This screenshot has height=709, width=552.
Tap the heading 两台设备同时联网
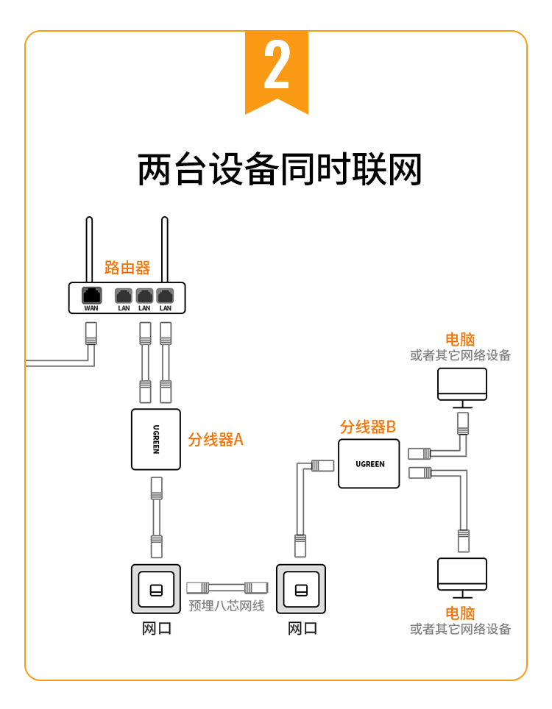(280, 170)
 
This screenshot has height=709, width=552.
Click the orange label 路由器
(127, 267)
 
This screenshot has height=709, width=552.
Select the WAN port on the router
(91, 296)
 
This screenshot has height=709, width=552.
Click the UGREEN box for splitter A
(155, 439)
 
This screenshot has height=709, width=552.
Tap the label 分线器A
(215, 440)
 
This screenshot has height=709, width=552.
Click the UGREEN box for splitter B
(369, 463)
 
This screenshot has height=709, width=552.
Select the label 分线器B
(368, 427)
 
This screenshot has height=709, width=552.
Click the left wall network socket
(156, 589)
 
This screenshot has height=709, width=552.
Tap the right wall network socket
(300, 589)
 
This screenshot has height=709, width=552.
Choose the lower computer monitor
(461, 574)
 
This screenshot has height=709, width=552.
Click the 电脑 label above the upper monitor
(460, 340)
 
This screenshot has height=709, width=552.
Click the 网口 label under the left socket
(156, 629)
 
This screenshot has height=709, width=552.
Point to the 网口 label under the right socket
(302, 629)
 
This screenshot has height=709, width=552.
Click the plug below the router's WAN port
(91, 333)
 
